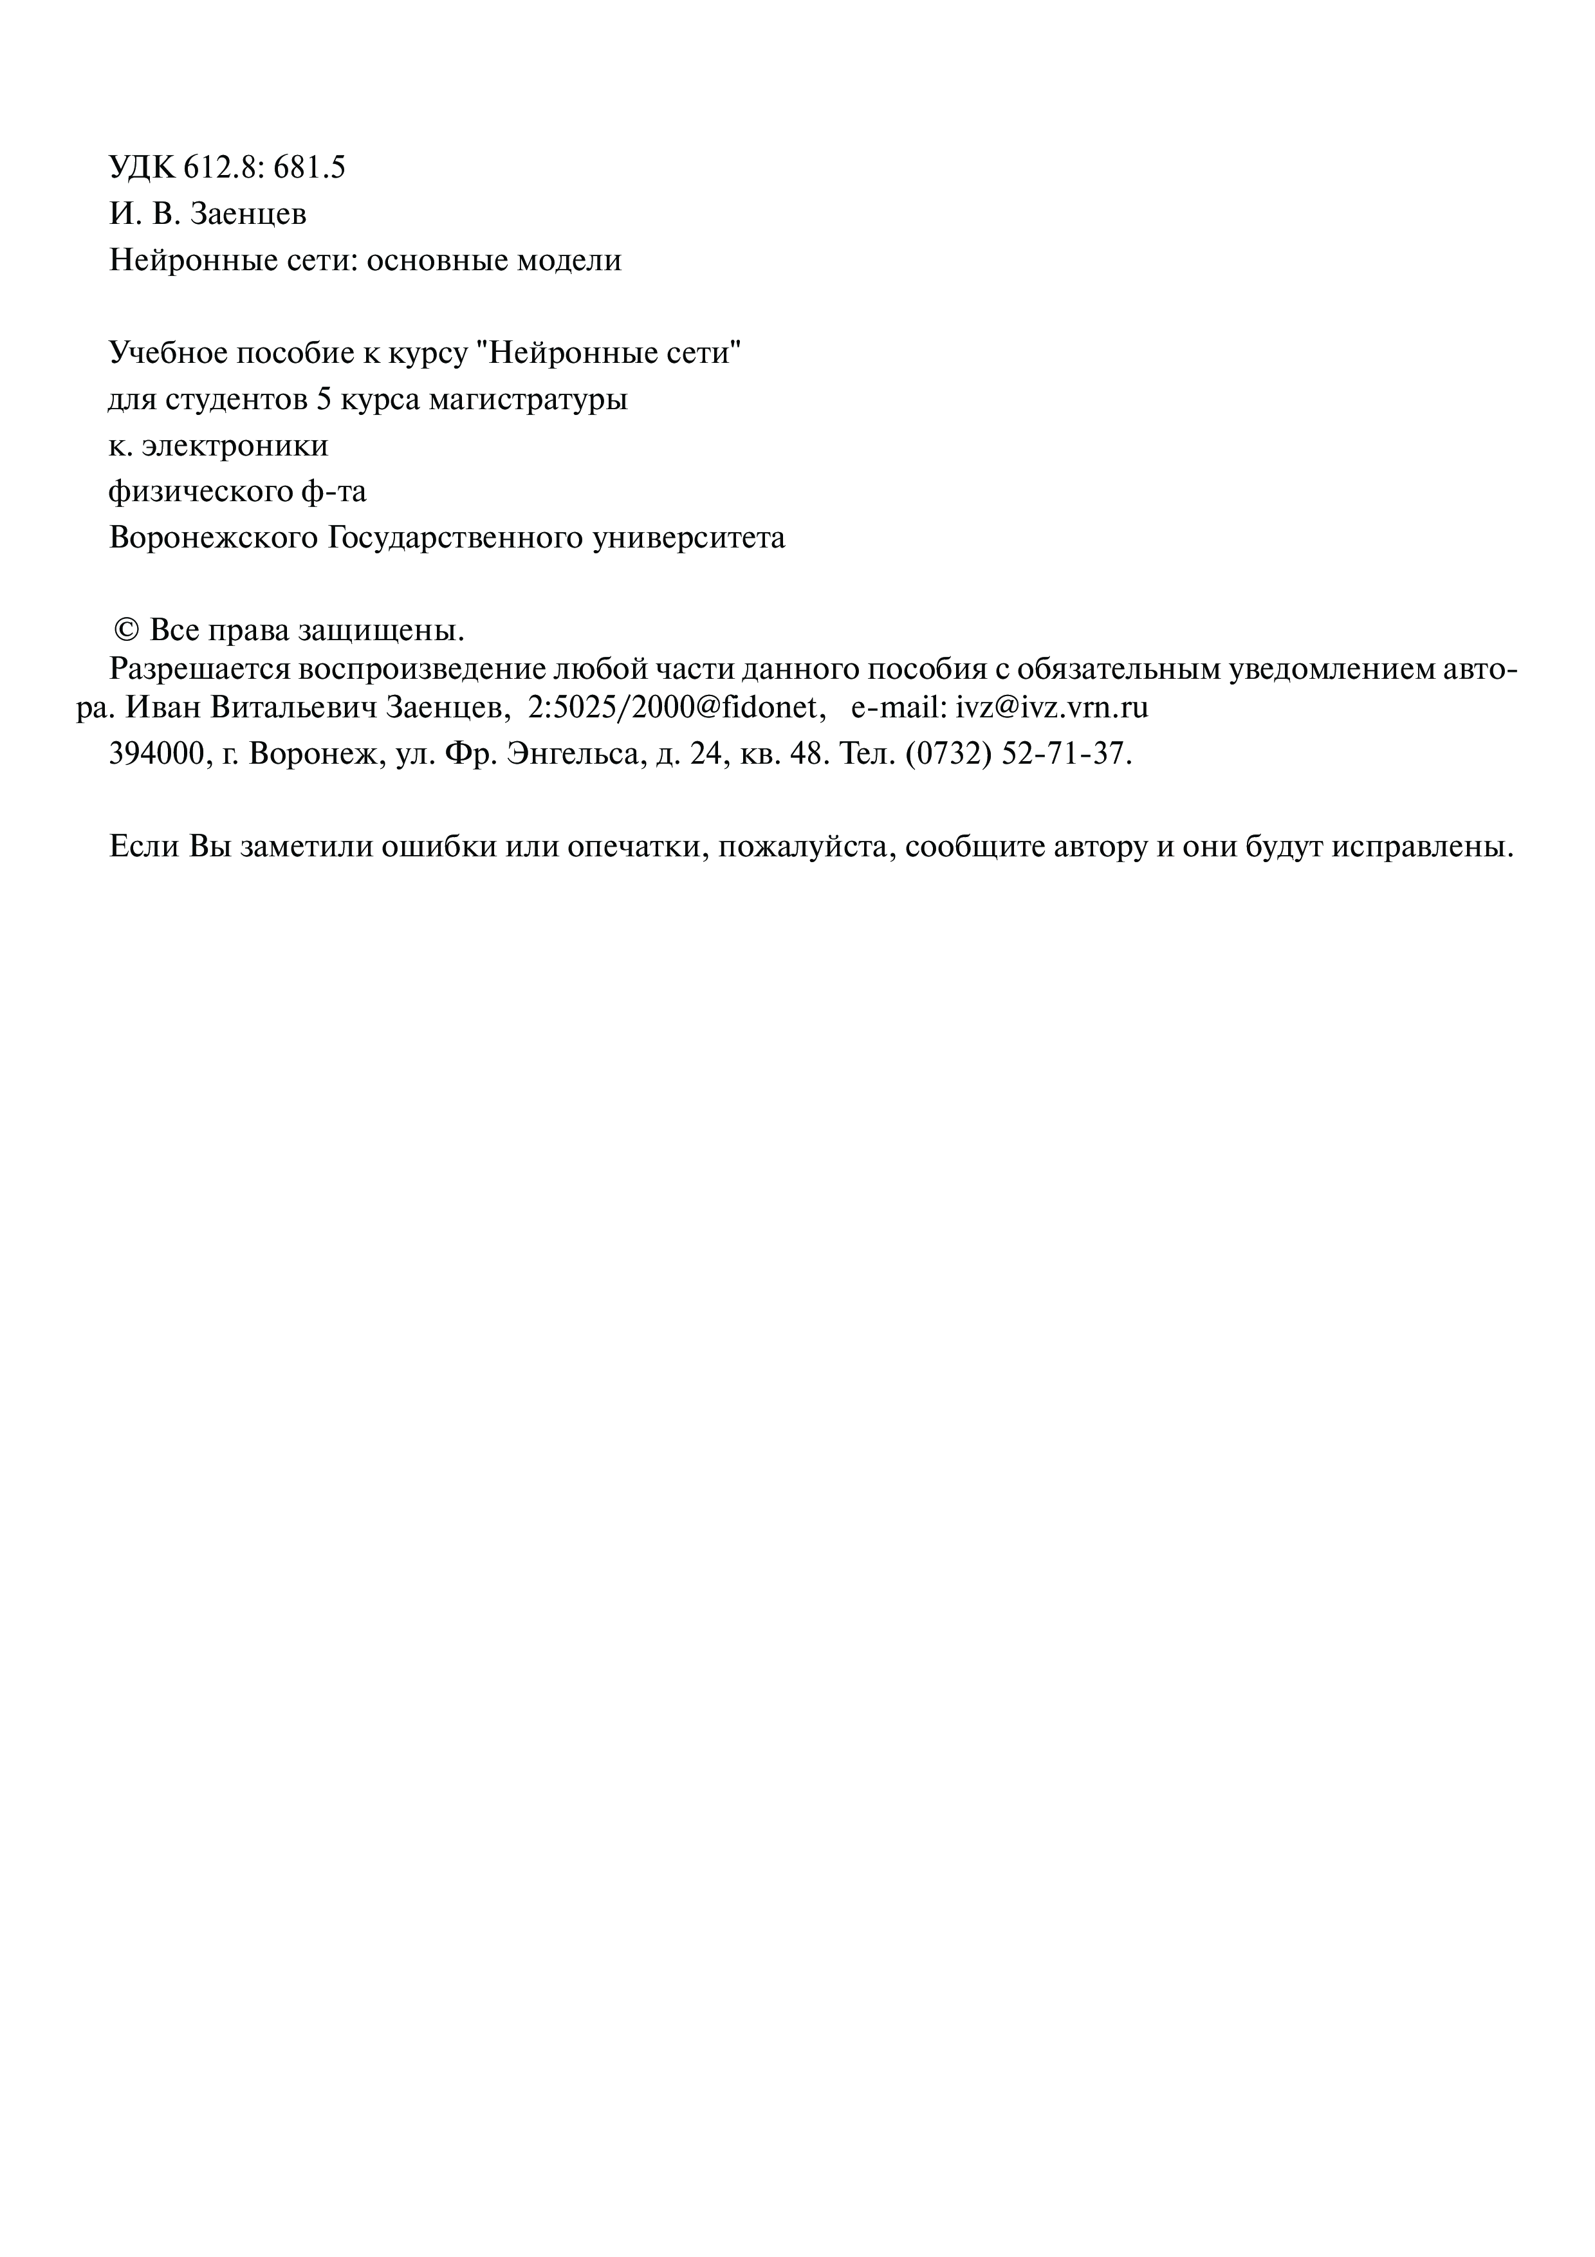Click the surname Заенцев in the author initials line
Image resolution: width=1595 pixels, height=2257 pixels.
coord(248,214)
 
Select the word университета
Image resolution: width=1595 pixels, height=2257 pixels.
coord(689,539)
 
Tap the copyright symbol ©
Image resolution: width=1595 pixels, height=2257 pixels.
coord(126,629)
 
